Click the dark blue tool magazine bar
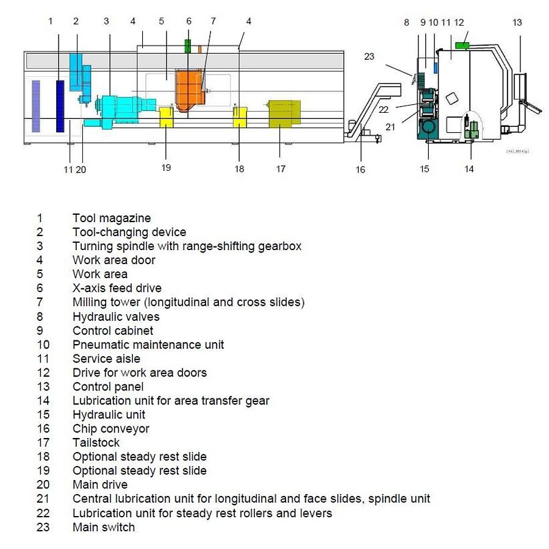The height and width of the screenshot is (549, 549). click(60, 106)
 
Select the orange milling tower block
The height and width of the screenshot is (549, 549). click(190, 90)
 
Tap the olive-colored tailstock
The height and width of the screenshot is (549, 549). click(284, 113)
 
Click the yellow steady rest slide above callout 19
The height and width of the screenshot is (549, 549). click(166, 117)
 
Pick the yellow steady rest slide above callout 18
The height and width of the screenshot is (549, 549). click(240, 117)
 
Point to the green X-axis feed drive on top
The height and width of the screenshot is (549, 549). click(188, 46)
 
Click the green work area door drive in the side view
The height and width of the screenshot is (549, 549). click(462, 46)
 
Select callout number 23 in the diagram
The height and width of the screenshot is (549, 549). click(369, 56)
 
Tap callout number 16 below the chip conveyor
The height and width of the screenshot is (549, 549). click(361, 170)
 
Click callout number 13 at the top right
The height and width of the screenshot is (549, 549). click(517, 23)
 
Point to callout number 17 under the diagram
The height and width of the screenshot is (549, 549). click(281, 169)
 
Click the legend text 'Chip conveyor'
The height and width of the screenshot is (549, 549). click(111, 429)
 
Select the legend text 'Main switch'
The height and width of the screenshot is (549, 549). click(104, 527)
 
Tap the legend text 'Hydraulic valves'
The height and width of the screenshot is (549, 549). click(116, 317)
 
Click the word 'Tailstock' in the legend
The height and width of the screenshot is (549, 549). click(96, 443)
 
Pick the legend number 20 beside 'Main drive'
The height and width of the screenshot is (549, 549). click(43, 484)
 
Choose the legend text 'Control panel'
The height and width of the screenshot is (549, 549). click(108, 387)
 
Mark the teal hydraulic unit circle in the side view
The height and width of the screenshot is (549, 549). click(428, 126)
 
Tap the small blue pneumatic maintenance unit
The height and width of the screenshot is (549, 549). click(436, 68)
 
